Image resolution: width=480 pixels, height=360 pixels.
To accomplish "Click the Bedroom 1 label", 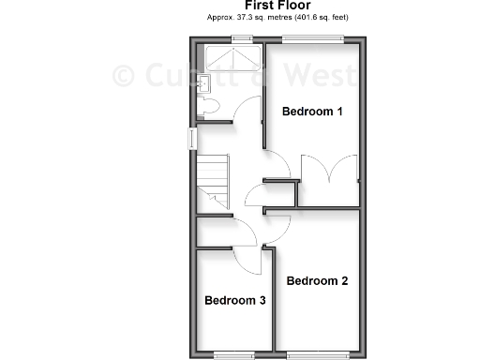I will [313, 112].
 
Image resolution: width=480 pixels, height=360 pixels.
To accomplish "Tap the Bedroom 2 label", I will [317, 280].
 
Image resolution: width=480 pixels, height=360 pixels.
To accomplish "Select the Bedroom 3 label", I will [235, 301].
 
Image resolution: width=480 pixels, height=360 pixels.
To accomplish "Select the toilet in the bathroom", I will [207, 108].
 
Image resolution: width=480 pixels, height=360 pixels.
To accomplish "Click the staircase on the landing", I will [213, 180].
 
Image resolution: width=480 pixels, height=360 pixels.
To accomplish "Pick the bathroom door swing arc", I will [246, 112].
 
